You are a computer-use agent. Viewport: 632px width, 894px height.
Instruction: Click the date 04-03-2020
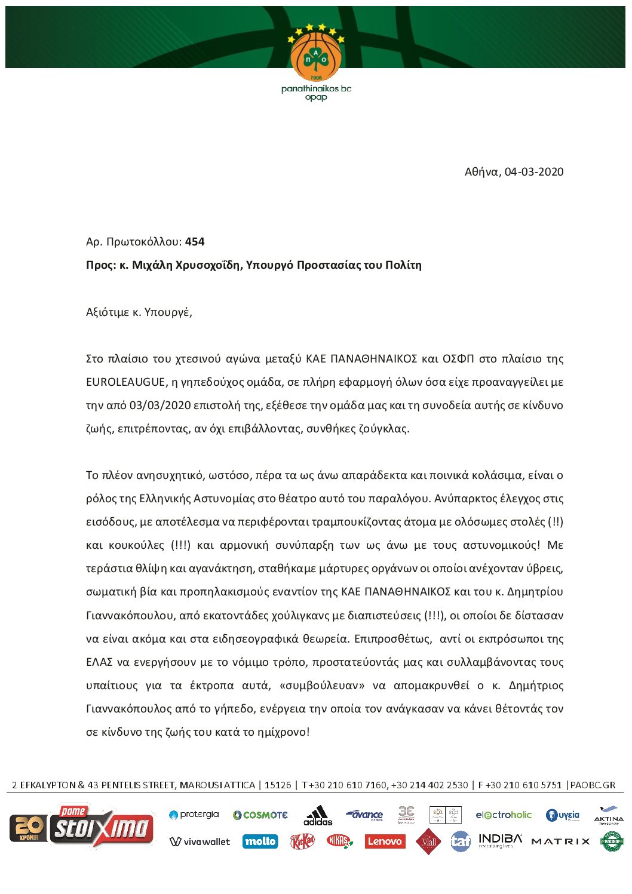(533, 172)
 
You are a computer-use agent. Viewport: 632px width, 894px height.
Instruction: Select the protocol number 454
(195, 242)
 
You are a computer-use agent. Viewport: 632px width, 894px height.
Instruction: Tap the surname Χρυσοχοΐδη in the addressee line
(207, 265)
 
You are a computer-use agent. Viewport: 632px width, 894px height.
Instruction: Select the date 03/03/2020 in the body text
(158, 405)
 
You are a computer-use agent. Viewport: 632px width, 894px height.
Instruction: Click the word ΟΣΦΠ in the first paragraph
(458, 359)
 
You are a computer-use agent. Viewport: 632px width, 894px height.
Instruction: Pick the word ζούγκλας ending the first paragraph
(387, 429)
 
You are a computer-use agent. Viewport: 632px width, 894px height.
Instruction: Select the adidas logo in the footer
(318, 815)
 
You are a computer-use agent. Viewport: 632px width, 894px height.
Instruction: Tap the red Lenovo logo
(384, 841)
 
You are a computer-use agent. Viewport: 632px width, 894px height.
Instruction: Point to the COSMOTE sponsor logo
(260, 815)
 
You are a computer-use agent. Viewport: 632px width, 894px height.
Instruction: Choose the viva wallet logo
(200, 842)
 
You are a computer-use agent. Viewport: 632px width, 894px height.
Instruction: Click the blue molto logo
(260, 841)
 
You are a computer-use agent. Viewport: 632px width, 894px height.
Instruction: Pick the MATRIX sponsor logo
(560, 841)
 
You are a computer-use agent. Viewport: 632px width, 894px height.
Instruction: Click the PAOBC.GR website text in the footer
(592, 785)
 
